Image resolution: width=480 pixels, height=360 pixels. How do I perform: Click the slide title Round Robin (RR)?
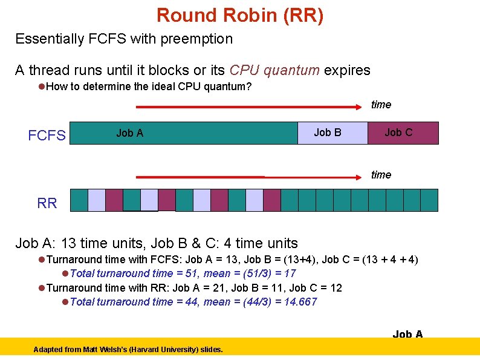[x=240, y=15]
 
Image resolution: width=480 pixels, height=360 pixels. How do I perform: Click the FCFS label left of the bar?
[x=47, y=136]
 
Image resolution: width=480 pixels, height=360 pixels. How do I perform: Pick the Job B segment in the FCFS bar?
[x=332, y=133]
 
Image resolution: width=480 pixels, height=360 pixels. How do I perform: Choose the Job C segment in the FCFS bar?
[x=403, y=133]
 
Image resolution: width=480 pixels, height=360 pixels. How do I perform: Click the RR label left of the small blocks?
[x=47, y=203]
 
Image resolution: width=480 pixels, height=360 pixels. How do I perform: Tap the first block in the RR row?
[x=79, y=200]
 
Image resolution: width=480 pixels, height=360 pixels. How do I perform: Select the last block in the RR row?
[x=429, y=200]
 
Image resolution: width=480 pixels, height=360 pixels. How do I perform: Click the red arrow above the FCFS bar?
[x=248, y=107]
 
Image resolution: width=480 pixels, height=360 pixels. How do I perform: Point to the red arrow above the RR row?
[x=248, y=177]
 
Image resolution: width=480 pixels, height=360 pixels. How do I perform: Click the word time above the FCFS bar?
[x=381, y=105]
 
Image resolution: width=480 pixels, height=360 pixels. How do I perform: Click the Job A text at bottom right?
[x=408, y=334]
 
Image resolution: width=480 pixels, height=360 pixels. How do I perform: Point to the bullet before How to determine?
[x=42, y=87]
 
